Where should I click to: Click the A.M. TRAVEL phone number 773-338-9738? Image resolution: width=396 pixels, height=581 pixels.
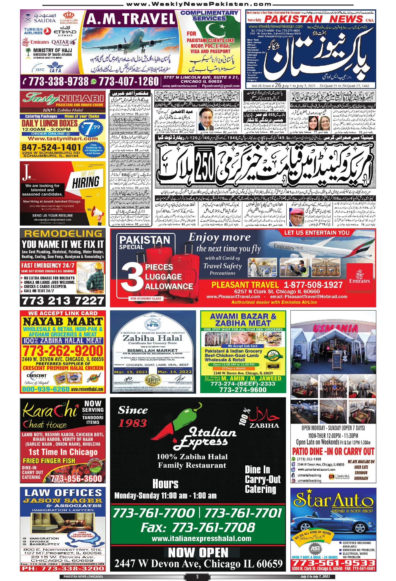59,81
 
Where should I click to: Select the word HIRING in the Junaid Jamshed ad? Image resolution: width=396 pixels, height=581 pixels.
86,182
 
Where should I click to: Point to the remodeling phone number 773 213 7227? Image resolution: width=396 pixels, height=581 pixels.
62,300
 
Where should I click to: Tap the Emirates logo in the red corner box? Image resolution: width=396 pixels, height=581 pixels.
360,276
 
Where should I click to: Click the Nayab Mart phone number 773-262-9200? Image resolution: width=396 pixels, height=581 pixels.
62,351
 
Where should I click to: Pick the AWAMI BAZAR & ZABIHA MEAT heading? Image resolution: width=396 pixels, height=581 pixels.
243,319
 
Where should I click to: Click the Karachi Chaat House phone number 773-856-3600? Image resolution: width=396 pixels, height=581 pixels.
76,478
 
